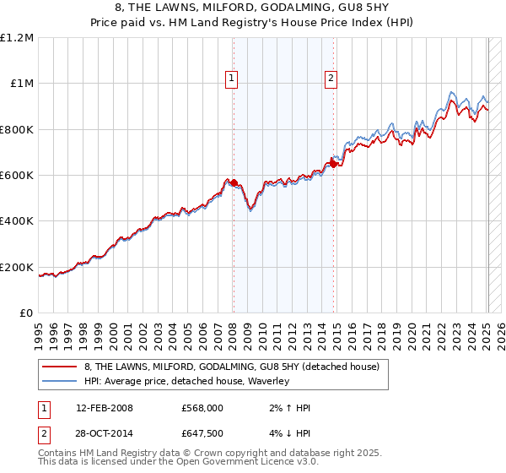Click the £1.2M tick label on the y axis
point(18,37)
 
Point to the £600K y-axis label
point(18,176)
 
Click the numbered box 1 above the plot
point(230,79)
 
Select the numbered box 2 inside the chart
point(331,79)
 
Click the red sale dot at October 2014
point(334,164)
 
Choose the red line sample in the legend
point(61,367)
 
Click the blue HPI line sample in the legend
point(61,381)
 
